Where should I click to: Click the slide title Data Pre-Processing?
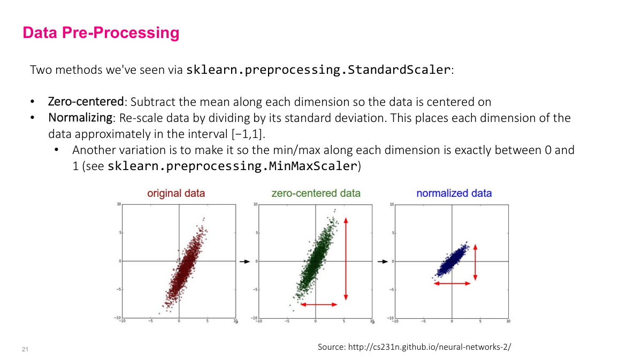pos(101,33)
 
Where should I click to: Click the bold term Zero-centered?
pos(86,102)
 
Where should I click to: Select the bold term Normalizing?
pos(80,118)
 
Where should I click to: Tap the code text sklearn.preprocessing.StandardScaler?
pos(318,70)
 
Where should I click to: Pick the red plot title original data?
pos(176,194)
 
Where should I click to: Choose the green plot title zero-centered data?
pos(316,194)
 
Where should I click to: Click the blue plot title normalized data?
pos(454,194)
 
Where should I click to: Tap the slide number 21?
pos(25,349)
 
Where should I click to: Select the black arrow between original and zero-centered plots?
pos(244,262)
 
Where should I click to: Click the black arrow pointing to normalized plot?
pos(382,262)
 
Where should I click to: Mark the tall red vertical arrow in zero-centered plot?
pos(346,259)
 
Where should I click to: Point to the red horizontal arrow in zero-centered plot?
pos(319,304)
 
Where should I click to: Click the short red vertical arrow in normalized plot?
pos(475,262)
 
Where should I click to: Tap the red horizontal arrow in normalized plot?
pos(452,283)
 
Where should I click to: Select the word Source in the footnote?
pos(331,347)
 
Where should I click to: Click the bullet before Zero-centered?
pos(33,102)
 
